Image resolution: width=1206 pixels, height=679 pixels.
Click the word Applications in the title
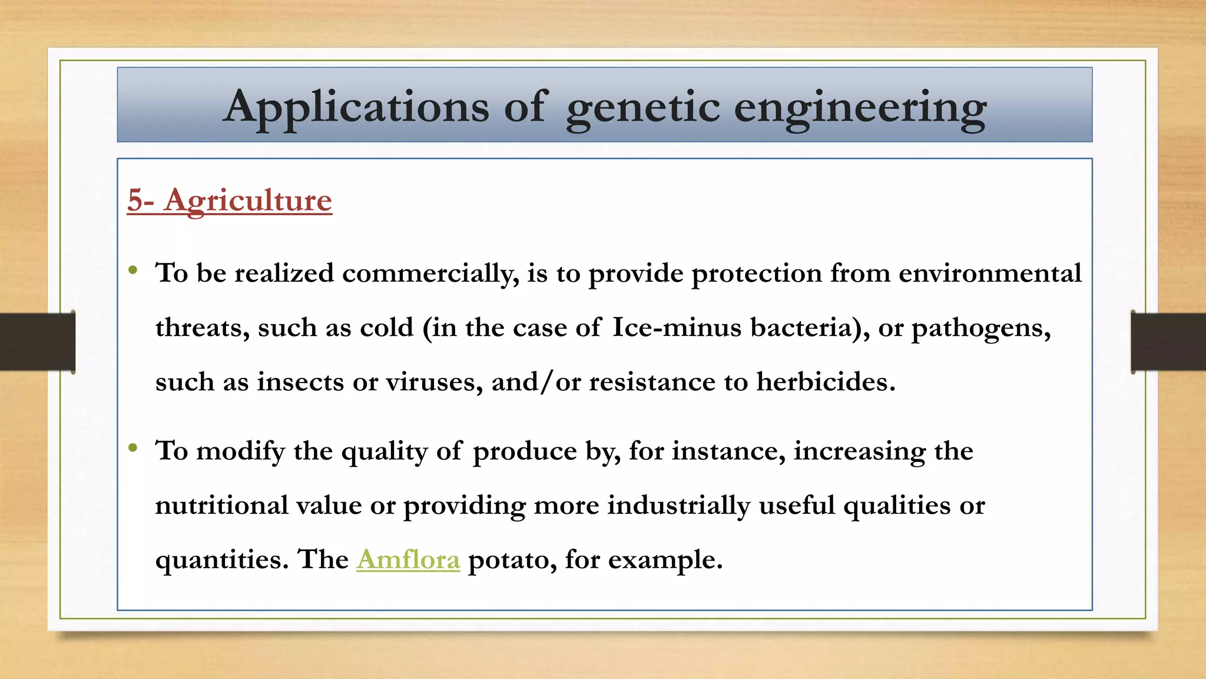(356, 107)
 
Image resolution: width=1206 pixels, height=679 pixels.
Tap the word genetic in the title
(642, 107)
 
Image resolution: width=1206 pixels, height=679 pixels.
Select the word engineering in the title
(860, 107)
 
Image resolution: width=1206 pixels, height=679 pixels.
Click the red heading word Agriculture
(248, 200)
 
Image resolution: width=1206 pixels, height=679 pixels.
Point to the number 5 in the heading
(135, 200)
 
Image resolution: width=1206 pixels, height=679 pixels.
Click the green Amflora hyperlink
(408, 559)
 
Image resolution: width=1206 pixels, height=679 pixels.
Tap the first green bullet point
(133, 271)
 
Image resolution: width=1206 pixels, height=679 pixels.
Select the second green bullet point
(133, 449)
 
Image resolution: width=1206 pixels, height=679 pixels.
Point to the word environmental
(990, 273)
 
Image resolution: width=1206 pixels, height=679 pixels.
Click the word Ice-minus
(677, 328)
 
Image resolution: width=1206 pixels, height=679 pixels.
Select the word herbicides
(826, 382)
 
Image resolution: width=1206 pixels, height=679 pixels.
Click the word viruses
(434, 382)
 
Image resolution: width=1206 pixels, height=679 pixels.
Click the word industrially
(678, 506)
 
